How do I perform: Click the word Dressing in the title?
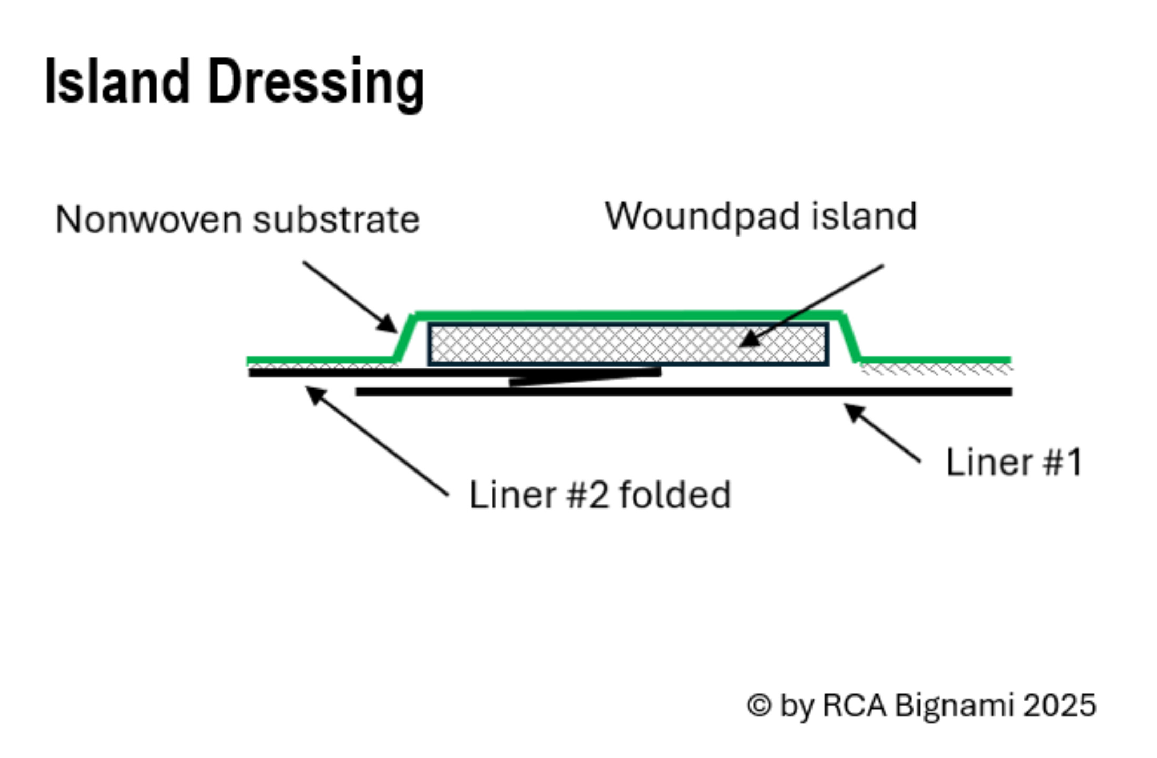316,84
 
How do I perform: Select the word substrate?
337,220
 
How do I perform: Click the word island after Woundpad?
865,217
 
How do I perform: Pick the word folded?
675,495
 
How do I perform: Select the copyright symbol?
759,705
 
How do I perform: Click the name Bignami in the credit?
955,705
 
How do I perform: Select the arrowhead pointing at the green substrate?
388,324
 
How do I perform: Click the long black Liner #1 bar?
684,392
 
